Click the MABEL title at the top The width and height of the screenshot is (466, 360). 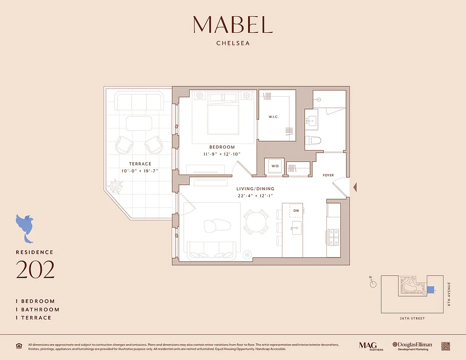point(233,25)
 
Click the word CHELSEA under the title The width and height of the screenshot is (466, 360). point(233,44)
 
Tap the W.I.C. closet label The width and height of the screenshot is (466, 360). point(273,117)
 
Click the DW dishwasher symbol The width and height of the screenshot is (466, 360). point(296,210)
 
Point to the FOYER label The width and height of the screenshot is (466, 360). point(328,175)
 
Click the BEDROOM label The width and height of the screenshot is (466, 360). point(222,147)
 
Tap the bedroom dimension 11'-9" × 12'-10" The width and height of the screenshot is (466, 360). point(222,154)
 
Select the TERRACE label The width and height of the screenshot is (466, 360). point(140,164)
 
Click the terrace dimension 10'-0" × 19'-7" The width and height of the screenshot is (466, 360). point(140,171)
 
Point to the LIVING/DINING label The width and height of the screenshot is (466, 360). point(255,189)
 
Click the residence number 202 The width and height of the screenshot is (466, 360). point(35,270)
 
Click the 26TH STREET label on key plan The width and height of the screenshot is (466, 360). point(412,319)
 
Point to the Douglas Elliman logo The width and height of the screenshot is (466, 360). point(412,346)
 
